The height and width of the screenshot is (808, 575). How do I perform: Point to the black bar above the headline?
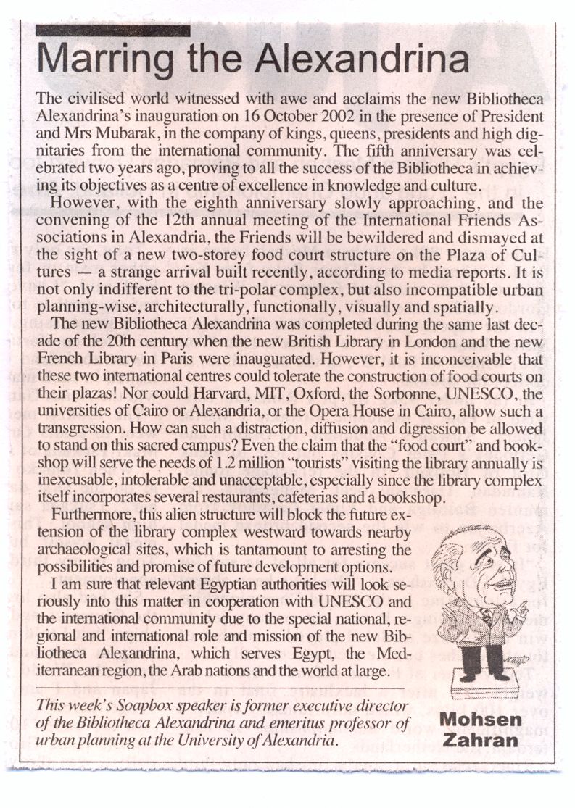tap(112, 30)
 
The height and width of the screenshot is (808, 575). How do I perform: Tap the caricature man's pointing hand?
tap(517, 611)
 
